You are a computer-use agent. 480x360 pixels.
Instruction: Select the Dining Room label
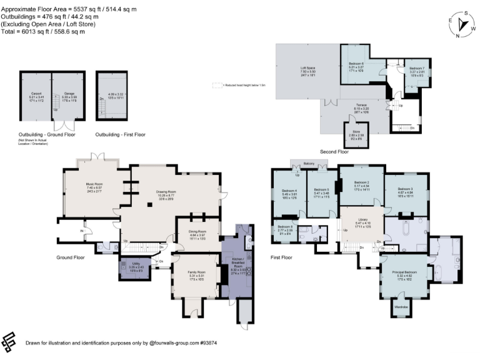pyautogui.click(x=197, y=233)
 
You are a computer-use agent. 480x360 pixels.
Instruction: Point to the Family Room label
pyautogui.click(x=197, y=272)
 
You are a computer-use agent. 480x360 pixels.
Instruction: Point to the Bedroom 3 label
pyautogui.click(x=406, y=189)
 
